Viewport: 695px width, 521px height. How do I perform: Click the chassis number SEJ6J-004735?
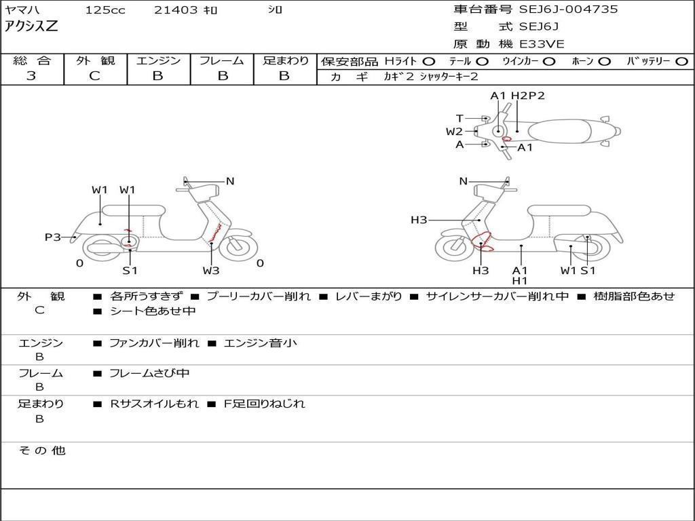[x=568, y=9]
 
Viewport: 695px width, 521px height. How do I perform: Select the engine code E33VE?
[x=542, y=44]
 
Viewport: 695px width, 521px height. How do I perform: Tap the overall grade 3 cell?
[x=31, y=76]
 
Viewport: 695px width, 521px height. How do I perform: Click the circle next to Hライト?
[x=429, y=62]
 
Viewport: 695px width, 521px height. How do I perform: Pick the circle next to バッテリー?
[x=681, y=62]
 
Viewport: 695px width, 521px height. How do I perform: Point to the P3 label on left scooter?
[x=53, y=237]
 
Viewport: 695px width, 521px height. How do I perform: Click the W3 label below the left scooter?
[x=211, y=270]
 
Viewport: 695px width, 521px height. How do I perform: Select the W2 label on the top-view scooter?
[x=454, y=132]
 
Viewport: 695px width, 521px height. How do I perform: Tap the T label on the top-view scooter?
[x=459, y=118]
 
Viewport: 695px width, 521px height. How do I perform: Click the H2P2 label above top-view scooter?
[x=528, y=96]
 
